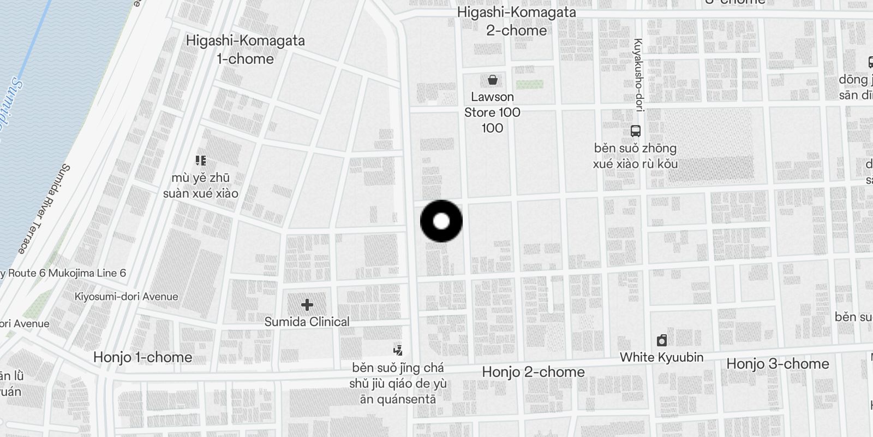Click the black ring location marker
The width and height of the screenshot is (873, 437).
[441, 221]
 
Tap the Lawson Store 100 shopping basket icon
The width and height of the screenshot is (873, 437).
[493, 80]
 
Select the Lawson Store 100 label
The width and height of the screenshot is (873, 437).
[492, 112]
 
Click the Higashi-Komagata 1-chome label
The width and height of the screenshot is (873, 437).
[246, 49]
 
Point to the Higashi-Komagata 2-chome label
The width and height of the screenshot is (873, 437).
[516, 21]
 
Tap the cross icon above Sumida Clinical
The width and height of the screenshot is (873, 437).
[307, 305]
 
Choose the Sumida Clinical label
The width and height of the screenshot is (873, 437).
[307, 322]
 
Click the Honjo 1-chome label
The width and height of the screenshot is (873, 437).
[142, 357]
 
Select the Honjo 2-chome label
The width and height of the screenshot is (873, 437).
[533, 372]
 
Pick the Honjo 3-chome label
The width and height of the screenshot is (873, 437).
[778, 364]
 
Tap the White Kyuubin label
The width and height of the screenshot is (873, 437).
[661, 357]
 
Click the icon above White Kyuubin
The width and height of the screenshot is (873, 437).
[662, 341]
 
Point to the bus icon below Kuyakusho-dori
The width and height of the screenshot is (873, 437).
[636, 131]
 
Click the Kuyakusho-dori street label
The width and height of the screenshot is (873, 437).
[638, 75]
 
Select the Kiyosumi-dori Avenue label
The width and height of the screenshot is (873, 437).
[126, 297]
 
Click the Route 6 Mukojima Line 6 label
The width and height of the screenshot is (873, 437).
[64, 273]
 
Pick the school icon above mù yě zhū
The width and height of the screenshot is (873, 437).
[200, 161]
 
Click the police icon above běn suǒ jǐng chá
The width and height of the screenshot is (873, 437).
[398, 350]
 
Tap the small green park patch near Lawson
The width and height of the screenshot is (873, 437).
[529, 85]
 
